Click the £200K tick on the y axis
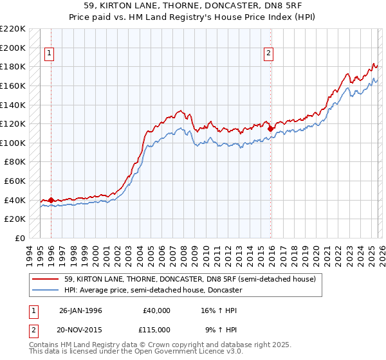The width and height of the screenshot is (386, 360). click(x=13, y=48)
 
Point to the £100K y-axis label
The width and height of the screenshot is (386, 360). click(x=13, y=143)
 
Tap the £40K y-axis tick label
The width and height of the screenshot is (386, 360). click(x=15, y=200)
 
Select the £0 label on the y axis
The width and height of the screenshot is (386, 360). click(x=20, y=238)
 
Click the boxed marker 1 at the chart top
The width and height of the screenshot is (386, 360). click(x=50, y=54)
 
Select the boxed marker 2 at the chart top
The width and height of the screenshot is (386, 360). click(x=268, y=54)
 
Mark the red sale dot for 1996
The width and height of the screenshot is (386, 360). click(x=51, y=200)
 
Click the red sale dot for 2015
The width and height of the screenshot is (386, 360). click(x=270, y=129)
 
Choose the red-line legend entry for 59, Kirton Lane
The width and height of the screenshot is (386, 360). click(x=190, y=280)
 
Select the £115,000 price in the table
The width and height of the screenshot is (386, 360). click(x=156, y=329)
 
